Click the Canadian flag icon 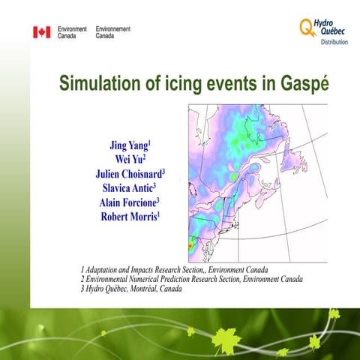pos(41,32)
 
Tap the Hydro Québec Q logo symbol pos(306,28)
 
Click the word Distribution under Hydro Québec pos(334,43)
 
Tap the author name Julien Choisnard pos(129,173)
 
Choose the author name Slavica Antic pos(129,187)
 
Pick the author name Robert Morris pos(129,217)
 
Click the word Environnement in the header pos(113,28)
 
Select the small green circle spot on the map pos(232,176)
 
